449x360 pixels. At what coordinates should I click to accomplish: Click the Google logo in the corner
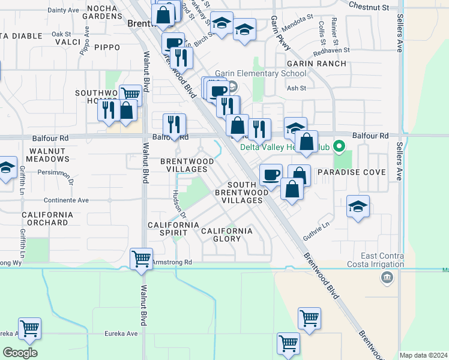20,352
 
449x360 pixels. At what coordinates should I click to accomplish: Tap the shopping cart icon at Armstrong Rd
141,260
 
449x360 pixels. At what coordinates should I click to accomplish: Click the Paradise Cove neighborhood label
351,172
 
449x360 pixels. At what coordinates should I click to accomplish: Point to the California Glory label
226,235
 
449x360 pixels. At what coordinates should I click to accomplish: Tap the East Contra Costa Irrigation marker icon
387,277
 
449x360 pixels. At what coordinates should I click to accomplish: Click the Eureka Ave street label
123,334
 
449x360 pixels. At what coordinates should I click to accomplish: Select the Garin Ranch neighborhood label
316,63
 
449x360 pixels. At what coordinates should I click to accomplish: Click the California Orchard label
47,218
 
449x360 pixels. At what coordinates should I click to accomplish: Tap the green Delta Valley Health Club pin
339,146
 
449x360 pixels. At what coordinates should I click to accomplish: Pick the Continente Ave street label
66,200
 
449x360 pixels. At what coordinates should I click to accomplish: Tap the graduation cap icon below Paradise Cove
358,208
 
